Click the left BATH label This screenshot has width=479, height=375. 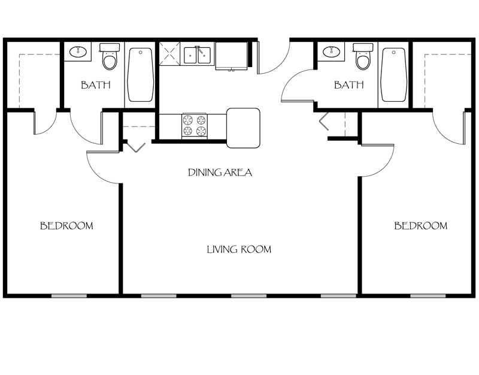coord(96,85)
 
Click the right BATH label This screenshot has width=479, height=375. coord(348,85)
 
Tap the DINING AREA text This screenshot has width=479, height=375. coord(220,173)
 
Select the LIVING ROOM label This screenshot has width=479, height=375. coord(239,249)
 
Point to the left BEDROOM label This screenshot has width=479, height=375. coord(66,226)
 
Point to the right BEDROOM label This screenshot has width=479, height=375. coord(420,226)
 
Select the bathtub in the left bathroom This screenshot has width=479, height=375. coord(141,75)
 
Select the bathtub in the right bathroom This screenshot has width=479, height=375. coord(394,75)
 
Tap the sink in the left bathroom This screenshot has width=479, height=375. coord(77,52)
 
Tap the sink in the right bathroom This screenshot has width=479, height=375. coord(331,52)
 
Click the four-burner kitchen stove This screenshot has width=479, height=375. coord(194,126)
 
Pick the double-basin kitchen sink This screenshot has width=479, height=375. coord(197,55)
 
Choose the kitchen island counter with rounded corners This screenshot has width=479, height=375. coord(243,128)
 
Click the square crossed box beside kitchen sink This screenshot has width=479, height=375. coord(170,54)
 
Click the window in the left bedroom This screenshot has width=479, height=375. coord(69,295)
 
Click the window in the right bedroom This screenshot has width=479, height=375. coord(428,295)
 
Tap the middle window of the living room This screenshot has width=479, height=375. coord(248,295)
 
